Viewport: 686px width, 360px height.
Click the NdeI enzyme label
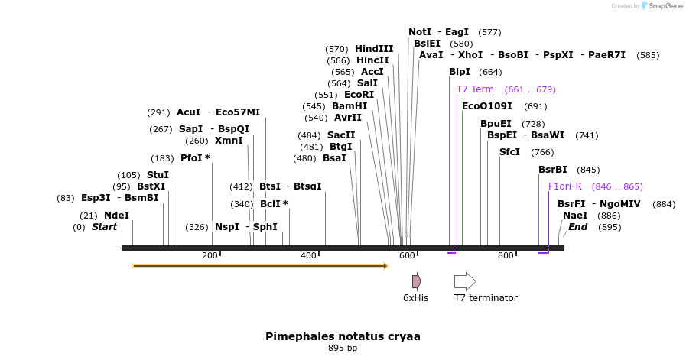coord(116,216)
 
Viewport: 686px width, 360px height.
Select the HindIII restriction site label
coord(374,49)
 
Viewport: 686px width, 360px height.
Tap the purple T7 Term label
coord(475,89)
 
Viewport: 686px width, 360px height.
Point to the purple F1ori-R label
coord(565,186)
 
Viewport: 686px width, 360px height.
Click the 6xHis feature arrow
coord(416,281)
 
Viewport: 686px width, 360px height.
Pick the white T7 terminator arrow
coord(465,281)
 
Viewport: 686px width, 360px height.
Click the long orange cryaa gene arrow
coord(260,266)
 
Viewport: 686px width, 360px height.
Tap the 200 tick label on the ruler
coord(210,255)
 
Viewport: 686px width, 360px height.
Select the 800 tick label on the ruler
coord(506,255)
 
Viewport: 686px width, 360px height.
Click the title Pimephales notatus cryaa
coord(343,336)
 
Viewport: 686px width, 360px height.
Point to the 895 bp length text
coord(343,349)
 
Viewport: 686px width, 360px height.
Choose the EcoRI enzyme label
coord(359,95)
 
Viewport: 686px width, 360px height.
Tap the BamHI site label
coord(350,106)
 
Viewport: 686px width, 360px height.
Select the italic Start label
coord(105,227)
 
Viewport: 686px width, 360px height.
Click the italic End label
coord(577,227)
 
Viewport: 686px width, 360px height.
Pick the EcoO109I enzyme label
coord(487,106)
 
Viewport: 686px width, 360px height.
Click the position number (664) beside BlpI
coord(490,73)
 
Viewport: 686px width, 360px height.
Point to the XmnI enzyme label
coord(229,141)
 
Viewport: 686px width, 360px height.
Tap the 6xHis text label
coord(415,298)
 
